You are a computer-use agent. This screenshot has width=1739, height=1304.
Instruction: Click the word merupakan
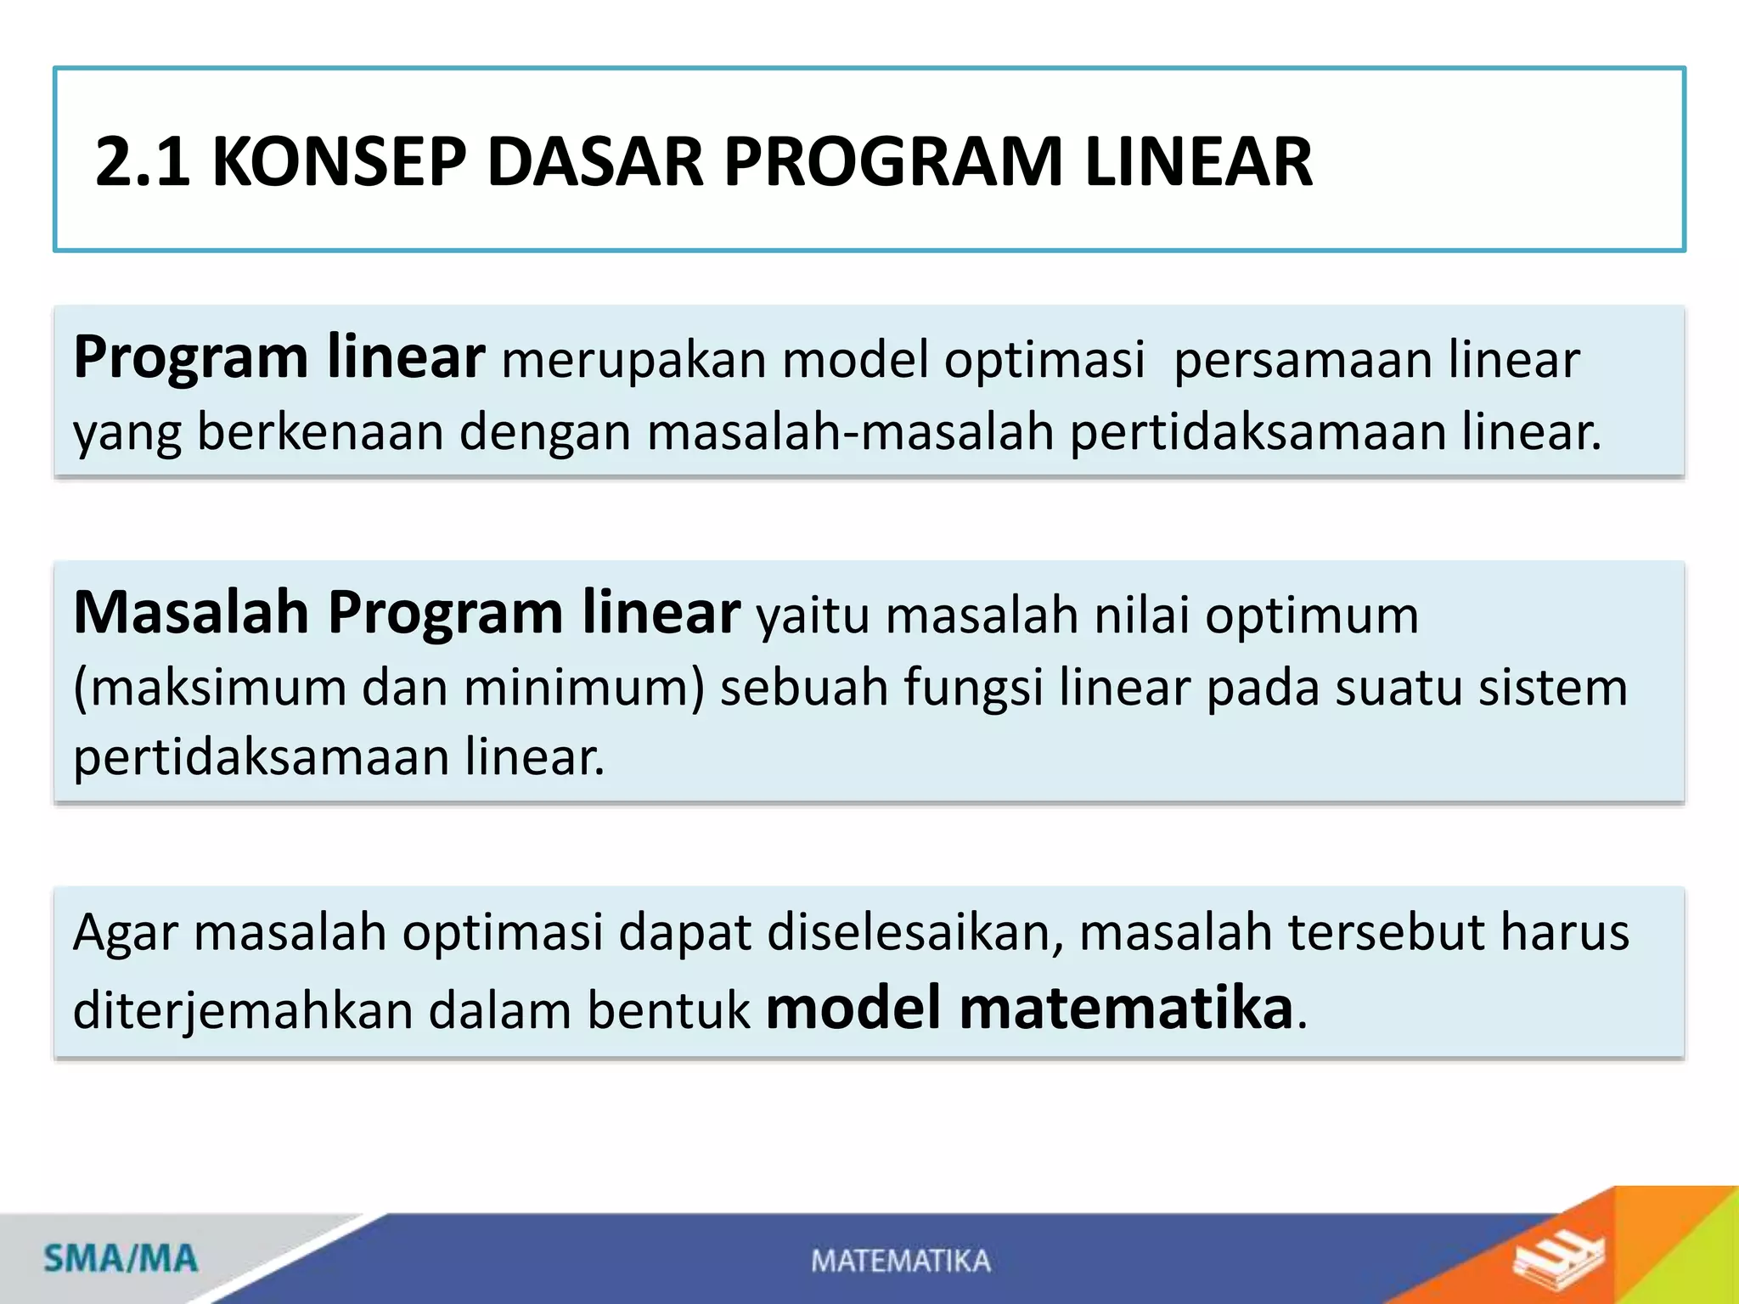click(633, 360)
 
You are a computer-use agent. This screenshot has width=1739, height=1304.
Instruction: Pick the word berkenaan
click(320, 432)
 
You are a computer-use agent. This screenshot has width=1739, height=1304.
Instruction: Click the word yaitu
click(813, 615)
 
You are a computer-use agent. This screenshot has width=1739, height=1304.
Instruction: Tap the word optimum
click(1311, 615)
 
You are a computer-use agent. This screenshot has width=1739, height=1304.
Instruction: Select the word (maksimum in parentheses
click(210, 687)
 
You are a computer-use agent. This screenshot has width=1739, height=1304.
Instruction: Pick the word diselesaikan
click(915, 932)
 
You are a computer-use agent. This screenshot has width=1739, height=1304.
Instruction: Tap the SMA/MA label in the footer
click(121, 1258)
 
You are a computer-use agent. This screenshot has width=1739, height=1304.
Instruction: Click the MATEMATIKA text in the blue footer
click(900, 1261)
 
